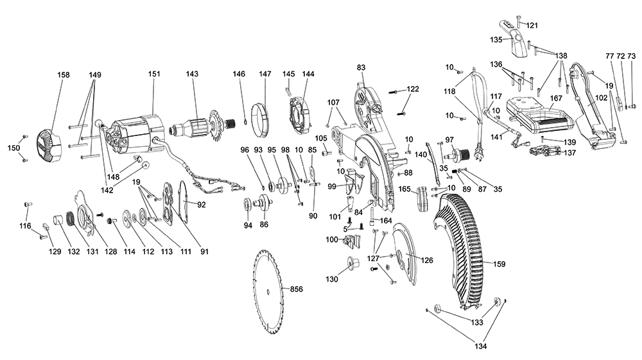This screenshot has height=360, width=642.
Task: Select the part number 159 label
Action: click(499, 264)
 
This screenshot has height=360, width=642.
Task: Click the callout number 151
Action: click(154, 74)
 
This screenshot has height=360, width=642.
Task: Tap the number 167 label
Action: click(556, 99)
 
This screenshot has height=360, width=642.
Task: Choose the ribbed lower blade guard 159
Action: click(461, 250)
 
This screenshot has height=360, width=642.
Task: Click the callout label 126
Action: click(427, 260)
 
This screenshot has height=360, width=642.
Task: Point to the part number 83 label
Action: click(361, 67)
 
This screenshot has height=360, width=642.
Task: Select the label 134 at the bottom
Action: click(481, 347)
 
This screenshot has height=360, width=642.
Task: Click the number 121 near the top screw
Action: click(532, 26)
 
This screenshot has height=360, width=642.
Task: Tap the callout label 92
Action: click(201, 205)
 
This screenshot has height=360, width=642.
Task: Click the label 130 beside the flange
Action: click(332, 279)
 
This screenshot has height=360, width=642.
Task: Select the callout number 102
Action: click(601, 98)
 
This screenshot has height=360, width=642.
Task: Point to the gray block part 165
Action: click(422, 199)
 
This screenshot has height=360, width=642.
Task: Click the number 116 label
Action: click(26, 226)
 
